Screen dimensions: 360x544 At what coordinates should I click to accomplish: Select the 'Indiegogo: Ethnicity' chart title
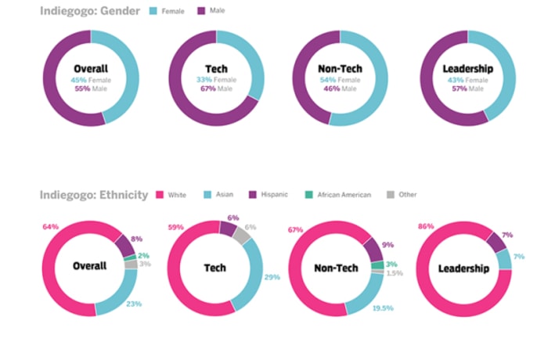tap(94, 194)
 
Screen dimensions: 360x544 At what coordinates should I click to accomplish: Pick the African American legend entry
tap(339, 194)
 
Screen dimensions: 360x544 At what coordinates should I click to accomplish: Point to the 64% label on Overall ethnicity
tap(49, 227)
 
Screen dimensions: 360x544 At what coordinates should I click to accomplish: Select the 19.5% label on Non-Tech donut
tap(384, 309)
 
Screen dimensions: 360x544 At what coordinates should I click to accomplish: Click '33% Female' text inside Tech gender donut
tap(215, 80)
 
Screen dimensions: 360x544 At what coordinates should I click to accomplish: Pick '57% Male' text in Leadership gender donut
tap(467, 88)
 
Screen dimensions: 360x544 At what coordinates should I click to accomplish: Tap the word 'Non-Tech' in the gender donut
tap(340, 68)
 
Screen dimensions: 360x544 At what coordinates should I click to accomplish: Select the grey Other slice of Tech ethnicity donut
tap(243, 235)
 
